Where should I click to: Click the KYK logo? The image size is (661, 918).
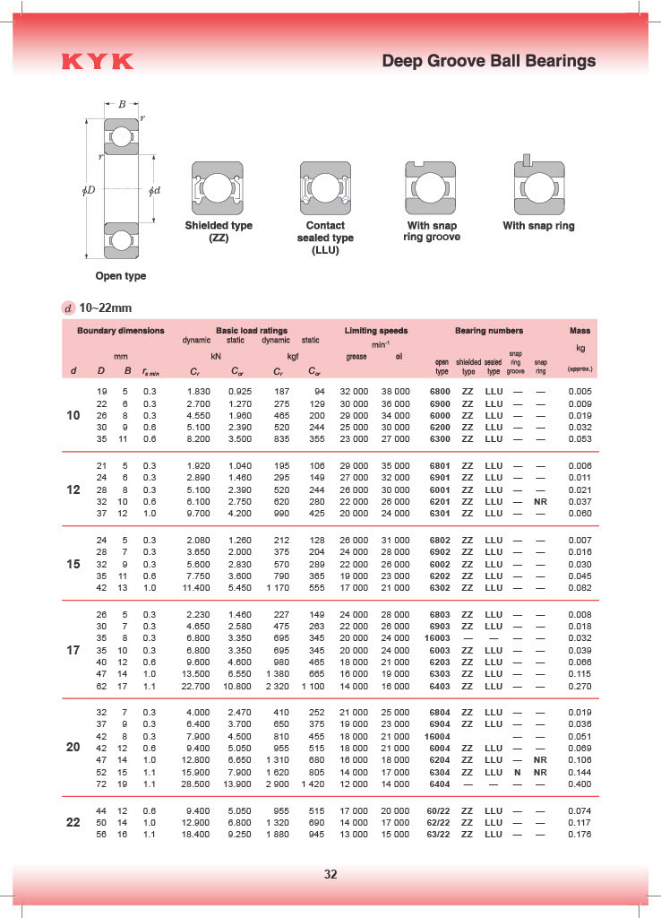[x=98, y=62]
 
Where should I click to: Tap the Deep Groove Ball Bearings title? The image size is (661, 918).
[x=488, y=61]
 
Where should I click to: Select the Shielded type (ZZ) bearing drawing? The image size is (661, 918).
[x=218, y=188]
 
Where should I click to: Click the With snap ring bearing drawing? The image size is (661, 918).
[x=538, y=186]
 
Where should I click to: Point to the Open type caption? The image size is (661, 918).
[x=121, y=276]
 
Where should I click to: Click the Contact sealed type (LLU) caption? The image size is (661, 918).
[x=325, y=238]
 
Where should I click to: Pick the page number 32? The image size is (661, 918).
[x=330, y=874]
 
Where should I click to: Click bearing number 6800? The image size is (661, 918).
[x=440, y=392]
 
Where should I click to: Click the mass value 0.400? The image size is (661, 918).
[x=579, y=784]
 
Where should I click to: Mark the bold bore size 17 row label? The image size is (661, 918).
[x=73, y=649]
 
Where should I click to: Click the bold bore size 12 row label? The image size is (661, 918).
[x=73, y=490]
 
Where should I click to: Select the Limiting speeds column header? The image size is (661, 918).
[x=376, y=331]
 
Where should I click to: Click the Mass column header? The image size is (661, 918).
[x=579, y=331]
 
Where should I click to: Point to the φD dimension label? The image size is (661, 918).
[x=89, y=191]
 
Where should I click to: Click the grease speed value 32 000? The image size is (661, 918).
[x=354, y=392]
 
